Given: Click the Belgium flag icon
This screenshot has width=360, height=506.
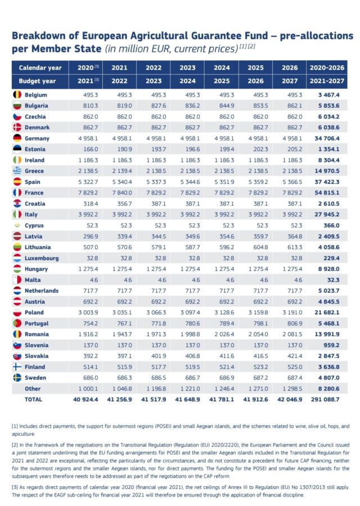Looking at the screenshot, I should pyautogui.click(x=17, y=94).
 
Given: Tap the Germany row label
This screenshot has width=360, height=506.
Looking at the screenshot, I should pyautogui.click(x=37, y=138).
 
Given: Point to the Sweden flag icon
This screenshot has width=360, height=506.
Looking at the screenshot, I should pyautogui.click(x=17, y=378).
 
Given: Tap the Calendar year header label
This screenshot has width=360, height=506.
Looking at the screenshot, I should pyautogui.click(x=40, y=67).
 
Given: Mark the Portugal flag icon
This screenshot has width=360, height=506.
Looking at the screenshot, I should pyautogui.click(x=17, y=323).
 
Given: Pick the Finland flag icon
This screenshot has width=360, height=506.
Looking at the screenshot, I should pyautogui.click(x=17, y=367).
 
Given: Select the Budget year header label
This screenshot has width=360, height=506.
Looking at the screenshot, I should pyautogui.click(x=40, y=80).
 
